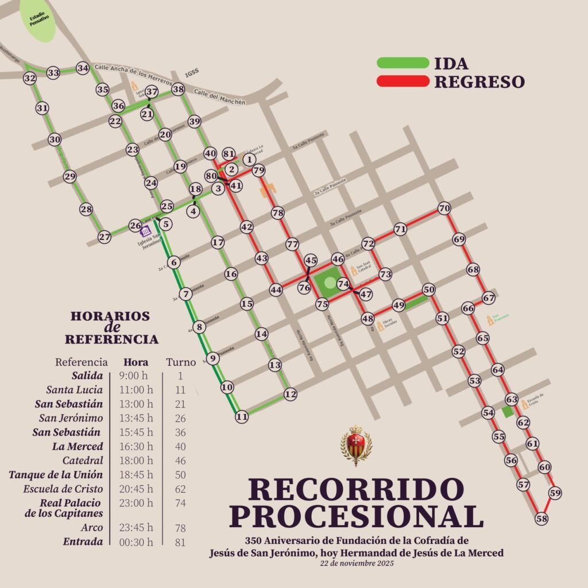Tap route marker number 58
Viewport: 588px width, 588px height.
(x=541, y=519)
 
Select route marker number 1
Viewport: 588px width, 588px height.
(x=249, y=159)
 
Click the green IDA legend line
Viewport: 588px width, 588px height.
(x=403, y=63)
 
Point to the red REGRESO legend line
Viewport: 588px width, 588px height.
(x=403, y=82)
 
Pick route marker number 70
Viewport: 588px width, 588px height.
(x=444, y=208)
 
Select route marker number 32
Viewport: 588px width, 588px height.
(x=30, y=78)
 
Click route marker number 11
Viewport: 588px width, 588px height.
(x=242, y=417)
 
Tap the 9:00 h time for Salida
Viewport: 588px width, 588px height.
(x=137, y=376)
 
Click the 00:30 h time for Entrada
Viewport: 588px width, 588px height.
(x=137, y=541)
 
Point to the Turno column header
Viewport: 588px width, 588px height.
(x=181, y=362)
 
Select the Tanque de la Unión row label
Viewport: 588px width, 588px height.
(x=56, y=475)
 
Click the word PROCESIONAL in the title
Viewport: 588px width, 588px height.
(x=357, y=516)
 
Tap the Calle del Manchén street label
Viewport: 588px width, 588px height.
(x=219, y=97)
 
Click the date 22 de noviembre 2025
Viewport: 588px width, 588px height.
(x=356, y=563)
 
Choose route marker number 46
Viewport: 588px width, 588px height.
(x=338, y=259)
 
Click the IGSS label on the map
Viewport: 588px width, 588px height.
(x=192, y=72)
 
